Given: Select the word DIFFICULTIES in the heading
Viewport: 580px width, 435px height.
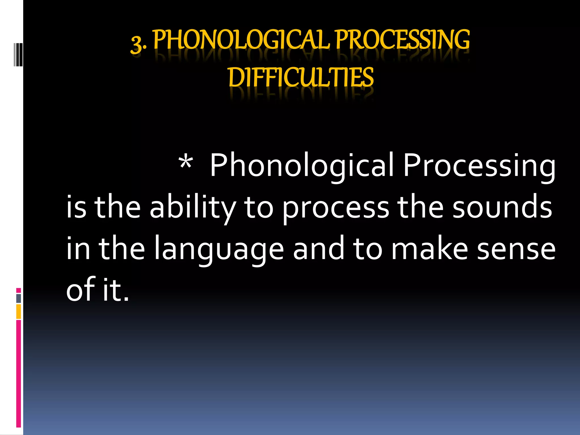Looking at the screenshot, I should (301, 78).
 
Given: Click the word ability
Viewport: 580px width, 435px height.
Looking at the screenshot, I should (193, 208).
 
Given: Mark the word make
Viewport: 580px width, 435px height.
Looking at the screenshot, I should (429, 249).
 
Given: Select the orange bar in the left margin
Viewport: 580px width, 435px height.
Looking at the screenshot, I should (18, 312).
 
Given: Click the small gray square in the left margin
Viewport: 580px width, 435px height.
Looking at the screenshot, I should (18, 298).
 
